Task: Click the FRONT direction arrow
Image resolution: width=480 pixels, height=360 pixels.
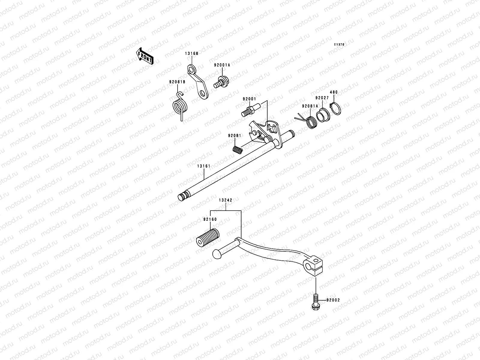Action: pos(145,56)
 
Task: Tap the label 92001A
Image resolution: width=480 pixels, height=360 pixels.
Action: pos(222,65)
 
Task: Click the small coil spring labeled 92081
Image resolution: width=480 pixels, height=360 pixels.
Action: pos(238,148)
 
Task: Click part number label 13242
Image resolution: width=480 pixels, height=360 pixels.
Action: pos(225,200)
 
